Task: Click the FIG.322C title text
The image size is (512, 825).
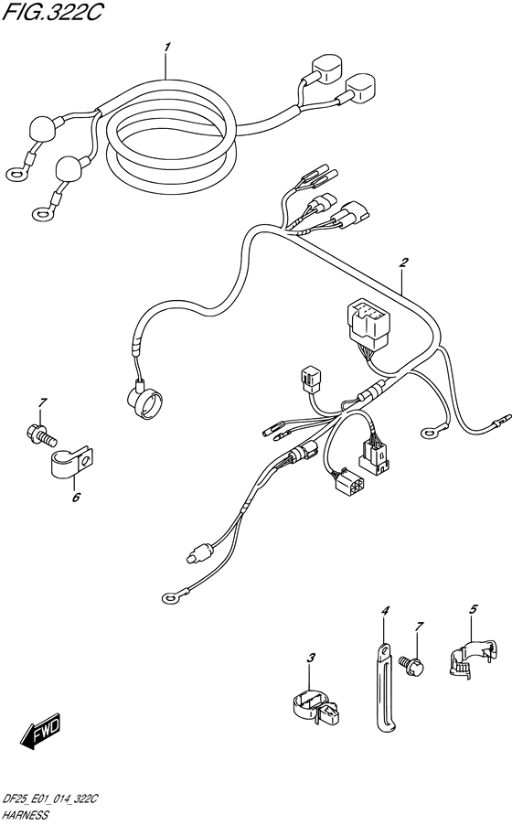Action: (51, 13)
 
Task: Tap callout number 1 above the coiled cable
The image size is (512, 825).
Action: (166, 48)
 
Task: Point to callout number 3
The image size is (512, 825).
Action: (311, 658)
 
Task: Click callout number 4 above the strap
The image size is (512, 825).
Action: (385, 611)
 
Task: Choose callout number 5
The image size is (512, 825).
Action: (473, 609)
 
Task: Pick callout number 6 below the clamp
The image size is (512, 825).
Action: (76, 497)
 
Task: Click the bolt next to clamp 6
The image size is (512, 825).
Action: (40, 434)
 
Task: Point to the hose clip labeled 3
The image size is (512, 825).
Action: (316, 708)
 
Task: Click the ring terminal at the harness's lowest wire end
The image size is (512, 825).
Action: (169, 597)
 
